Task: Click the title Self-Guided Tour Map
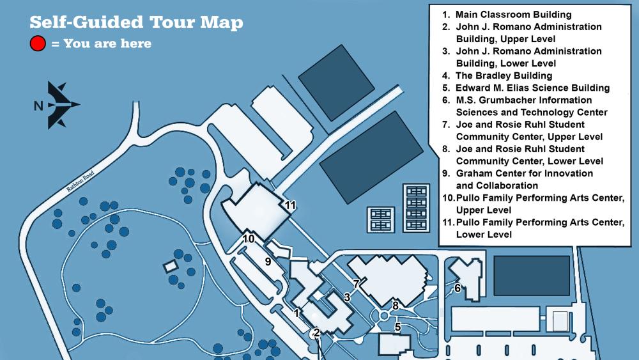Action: pyautogui.click(x=136, y=22)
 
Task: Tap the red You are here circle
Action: pyautogui.click(x=38, y=43)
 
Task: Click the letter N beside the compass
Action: pyautogui.click(x=38, y=106)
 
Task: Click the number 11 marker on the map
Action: pyautogui.click(x=291, y=205)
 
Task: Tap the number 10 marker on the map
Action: pyautogui.click(x=249, y=239)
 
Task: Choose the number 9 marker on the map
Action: pyautogui.click(x=268, y=261)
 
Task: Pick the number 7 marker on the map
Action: pyautogui.click(x=356, y=283)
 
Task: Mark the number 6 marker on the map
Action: pyautogui.click(x=458, y=288)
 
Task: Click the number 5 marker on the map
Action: pyautogui.click(x=397, y=327)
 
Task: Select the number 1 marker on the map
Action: pyautogui.click(x=296, y=313)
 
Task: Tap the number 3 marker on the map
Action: pyautogui.click(x=347, y=297)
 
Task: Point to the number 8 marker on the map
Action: pyautogui.click(x=396, y=305)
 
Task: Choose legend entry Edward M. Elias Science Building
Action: pyautogui.click(x=532, y=88)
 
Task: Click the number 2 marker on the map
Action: pyautogui.click(x=316, y=332)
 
